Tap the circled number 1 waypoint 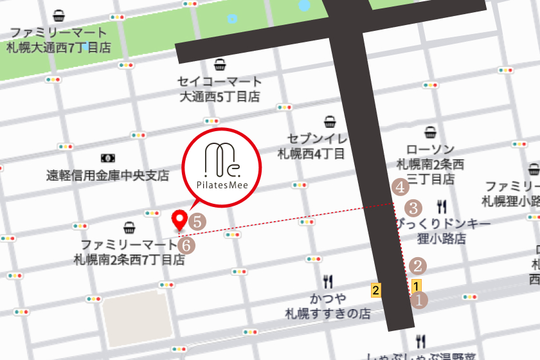419,300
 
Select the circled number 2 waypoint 419,265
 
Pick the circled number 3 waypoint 413,208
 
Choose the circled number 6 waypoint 186,244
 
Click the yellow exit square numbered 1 417,286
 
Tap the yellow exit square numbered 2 377,289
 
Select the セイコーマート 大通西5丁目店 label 220,89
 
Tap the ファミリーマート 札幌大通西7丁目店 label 59,40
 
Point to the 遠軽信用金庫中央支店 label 107,175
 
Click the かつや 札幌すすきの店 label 328,307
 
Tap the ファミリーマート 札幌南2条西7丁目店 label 129,252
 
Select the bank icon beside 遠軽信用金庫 107,157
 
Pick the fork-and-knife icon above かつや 328,281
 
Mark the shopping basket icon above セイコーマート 220,64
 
